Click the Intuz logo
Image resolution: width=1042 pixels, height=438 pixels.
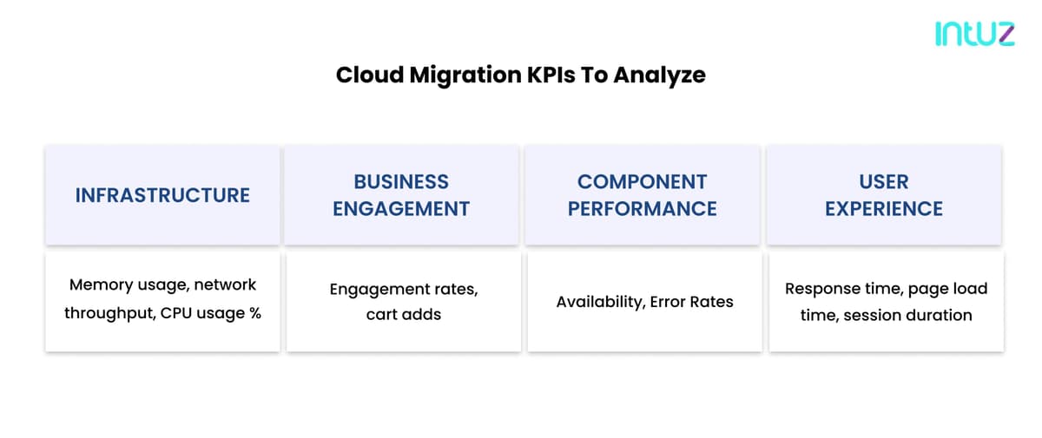(x=975, y=34)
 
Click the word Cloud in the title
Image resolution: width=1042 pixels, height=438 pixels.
(x=370, y=75)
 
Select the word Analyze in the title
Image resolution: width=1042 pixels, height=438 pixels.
(x=660, y=75)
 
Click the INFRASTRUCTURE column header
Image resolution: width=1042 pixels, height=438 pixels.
(x=163, y=195)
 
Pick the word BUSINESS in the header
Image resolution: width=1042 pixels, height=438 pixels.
(x=401, y=181)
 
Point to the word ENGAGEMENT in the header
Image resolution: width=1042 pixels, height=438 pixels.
(x=401, y=208)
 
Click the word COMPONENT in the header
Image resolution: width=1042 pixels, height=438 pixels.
(x=643, y=181)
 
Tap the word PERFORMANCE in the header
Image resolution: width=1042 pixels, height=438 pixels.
(x=643, y=208)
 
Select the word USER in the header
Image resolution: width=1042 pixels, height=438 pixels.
(x=884, y=181)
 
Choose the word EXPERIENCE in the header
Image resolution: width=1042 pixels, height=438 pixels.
(x=884, y=208)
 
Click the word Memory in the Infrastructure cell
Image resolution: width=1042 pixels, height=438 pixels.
(x=101, y=285)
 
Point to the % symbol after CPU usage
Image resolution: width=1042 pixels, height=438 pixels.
(x=255, y=313)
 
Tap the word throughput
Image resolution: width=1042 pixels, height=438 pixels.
(x=109, y=313)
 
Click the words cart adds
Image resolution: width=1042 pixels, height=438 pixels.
(x=404, y=315)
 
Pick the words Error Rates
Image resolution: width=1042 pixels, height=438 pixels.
(x=692, y=302)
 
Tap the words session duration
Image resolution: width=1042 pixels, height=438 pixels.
(x=907, y=315)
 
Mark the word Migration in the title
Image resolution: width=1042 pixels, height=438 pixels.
(x=465, y=75)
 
